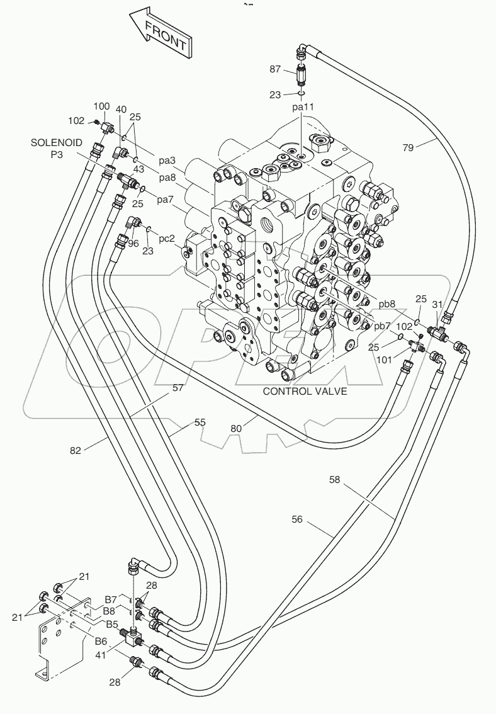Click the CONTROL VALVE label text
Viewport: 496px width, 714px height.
tap(305, 391)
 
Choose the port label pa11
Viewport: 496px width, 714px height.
tap(303, 107)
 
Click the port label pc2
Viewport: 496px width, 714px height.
tap(166, 239)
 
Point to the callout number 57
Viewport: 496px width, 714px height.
tap(178, 388)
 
